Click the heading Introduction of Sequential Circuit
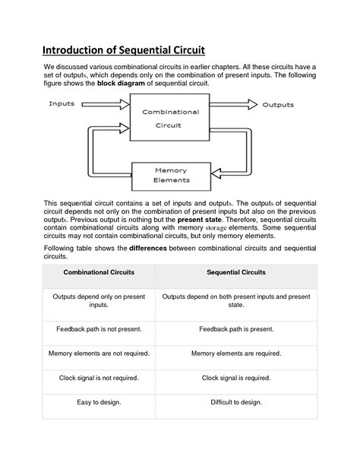pos(123,51)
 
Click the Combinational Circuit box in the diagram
pos(171,119)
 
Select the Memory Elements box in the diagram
pos(171,176)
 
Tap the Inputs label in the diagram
pos(62,103)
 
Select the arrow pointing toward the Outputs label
pos(232,105)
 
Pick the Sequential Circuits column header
pos(236,272)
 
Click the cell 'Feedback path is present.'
pos(236,328)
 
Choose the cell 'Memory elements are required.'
pos(236,353)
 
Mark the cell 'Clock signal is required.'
pos(236,378)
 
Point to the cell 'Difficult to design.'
pos(236,402)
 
